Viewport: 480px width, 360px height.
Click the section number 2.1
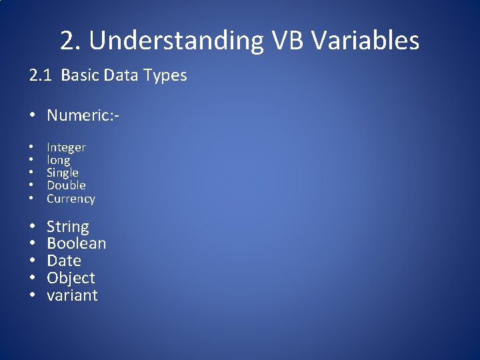pos(41,75)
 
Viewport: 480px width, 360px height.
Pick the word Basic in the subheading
pos(79,75)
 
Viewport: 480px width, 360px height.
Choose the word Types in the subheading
pos(167,75)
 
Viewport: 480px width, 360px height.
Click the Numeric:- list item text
pos(83,116)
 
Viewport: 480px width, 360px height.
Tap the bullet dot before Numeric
pos(33,117)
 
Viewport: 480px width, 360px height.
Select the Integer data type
pos(66,147)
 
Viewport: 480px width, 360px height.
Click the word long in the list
pos(58,160)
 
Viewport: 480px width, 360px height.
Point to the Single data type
pos(62,173)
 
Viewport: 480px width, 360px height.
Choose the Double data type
pos(66,185)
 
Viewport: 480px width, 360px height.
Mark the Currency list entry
pos(71,199)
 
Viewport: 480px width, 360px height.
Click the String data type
pos(67,227)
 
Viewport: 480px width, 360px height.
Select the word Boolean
pos(76,244)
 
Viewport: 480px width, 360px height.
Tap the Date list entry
pos(63,261)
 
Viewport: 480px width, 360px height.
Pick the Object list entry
pos(71,278)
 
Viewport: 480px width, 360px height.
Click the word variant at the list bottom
pos(72,295)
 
